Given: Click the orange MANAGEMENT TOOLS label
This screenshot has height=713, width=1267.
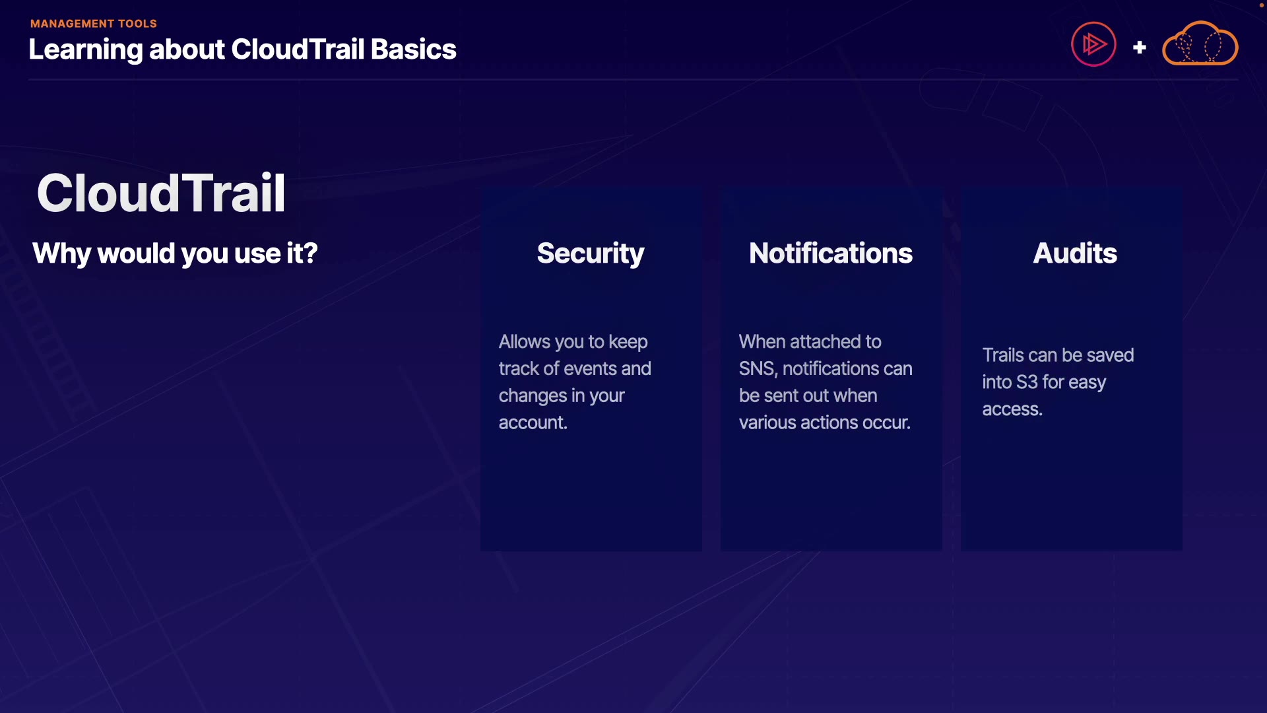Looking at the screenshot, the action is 94,24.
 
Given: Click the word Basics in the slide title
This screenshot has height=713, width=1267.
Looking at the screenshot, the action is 414,50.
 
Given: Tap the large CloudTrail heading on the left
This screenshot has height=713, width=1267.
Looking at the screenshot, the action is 161,193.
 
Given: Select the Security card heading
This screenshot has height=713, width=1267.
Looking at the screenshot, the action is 591,254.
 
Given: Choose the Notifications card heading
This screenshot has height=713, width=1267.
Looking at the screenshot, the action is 831,254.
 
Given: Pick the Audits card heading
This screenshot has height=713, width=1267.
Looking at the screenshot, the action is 1075,254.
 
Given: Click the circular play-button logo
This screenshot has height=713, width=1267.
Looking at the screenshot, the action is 1093,44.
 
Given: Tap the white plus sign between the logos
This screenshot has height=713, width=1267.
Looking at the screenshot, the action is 1139,48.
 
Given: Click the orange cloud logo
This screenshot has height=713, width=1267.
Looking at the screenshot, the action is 1200,43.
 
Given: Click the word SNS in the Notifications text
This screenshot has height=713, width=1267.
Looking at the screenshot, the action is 758,368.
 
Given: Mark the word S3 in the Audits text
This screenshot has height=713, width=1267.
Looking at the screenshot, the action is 1027,382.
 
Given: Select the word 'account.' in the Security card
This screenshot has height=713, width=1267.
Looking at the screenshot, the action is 533,423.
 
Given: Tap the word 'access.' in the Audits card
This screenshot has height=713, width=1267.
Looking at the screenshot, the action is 1012,409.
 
